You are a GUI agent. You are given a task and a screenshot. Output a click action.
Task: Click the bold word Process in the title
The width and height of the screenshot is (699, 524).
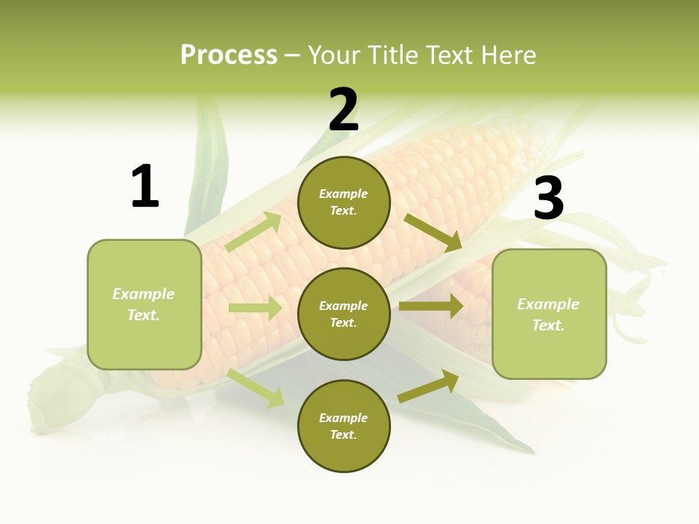point(229,55)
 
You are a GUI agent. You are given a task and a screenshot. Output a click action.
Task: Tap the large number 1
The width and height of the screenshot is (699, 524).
point(145,186)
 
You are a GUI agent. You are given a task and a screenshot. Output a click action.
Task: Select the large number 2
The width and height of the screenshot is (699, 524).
point(344,111)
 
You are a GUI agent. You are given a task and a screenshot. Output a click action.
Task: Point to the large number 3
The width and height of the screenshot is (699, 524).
point(548,198)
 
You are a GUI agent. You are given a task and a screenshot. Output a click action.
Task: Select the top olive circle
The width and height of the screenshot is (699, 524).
point(344,203)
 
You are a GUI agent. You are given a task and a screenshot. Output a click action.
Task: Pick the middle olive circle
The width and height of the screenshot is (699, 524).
point(344,314)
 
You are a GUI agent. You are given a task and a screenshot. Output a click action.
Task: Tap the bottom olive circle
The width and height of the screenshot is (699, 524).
point(344,426)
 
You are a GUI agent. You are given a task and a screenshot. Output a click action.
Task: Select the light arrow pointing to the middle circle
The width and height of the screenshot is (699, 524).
point(255,308)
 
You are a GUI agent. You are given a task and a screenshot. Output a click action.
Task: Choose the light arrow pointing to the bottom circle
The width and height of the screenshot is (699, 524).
point(256,388)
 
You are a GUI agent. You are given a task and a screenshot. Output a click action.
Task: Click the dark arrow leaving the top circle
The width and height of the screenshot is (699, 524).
point(433,232)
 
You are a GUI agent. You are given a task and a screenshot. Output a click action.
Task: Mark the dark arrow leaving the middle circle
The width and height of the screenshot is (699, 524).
point(431,306)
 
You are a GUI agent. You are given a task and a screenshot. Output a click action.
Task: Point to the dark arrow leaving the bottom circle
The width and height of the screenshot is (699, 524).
point(429,386)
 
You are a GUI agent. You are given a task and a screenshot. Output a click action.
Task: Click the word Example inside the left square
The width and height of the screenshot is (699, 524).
point(143,294)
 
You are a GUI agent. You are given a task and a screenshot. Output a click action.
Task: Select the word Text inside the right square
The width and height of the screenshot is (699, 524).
point(548,325)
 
